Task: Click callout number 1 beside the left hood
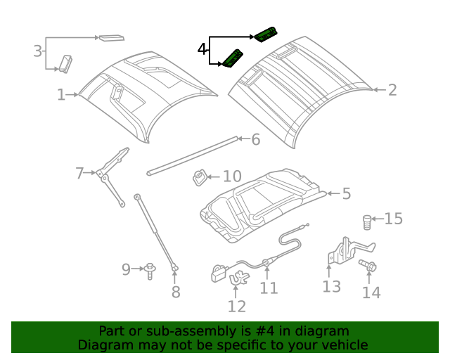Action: pyautogui.click(x=61, y=94)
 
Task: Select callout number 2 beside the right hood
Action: pyautogui.click(x=392, y=89)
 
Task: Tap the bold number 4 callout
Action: pyautogui.click(x=202, y=49)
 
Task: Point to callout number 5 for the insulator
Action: pyautogui.click(x=346, y=193)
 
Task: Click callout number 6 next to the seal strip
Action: pyautogui.click(x=255, y=139)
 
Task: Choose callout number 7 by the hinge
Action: pyautogui.click(x=79, y=172)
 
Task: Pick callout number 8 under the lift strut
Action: pyautogui.click(x=176, y=290)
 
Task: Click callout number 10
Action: pyautogui.click(x=231, y=176)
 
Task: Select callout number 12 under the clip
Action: pyautogui.click(x=237, y=306)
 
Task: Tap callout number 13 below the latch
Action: pyautogui.click(x=331, y=285)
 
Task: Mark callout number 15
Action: pyautogui.click(x=393, y=219)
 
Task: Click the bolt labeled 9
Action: pyautogui.click(x=150, y=270)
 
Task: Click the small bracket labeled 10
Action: pyautogui.click(x=200, y=178)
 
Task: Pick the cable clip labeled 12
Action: pyautogui.click(x=239, y=279)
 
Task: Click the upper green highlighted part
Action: pyautogui.click(x=266, y=34)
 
